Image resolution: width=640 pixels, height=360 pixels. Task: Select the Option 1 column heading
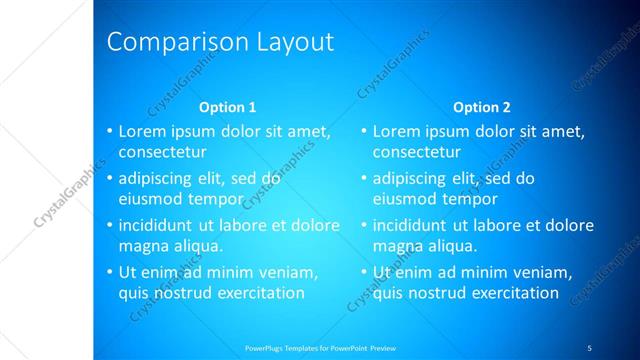(x=227, y=107)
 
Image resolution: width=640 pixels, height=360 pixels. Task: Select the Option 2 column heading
(x=481, y=107)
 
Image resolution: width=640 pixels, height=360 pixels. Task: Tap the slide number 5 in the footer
(x=589, y=347)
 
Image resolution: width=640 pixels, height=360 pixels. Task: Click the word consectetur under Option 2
(x=417, y=153)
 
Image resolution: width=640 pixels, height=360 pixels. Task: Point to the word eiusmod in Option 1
(x=150, y=199)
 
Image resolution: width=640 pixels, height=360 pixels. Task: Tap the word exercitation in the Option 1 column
(x=253, y=293)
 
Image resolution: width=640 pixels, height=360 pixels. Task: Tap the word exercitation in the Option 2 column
(x=507, y=293)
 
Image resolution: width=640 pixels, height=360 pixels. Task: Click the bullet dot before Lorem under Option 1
(x=109, y=131)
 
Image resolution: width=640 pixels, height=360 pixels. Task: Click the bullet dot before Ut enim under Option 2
(x=363, y=272)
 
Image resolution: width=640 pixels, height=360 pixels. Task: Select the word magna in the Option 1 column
(x=143, y=245)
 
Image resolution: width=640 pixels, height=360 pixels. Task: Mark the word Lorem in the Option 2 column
(x=396, y=131)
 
